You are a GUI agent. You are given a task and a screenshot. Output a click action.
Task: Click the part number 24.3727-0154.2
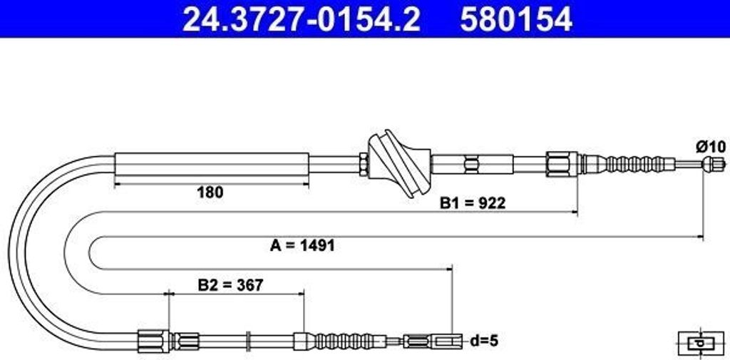coord(302,19)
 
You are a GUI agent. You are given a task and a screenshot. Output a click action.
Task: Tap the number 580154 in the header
coord(516,19)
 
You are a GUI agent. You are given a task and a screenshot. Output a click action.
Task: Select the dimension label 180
coord(210,192)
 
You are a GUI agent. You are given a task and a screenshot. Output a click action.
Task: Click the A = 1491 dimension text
coord(302,245)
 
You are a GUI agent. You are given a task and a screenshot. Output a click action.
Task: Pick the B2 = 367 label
coord(230,285)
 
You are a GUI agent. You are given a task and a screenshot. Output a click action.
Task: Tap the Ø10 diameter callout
coord(711,147)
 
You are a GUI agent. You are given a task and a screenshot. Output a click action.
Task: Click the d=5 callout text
coord(484,341)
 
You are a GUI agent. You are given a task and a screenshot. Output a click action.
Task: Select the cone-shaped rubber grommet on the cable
coord(399,164)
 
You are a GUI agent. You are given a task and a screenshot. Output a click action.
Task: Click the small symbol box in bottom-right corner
coord(699,343)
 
